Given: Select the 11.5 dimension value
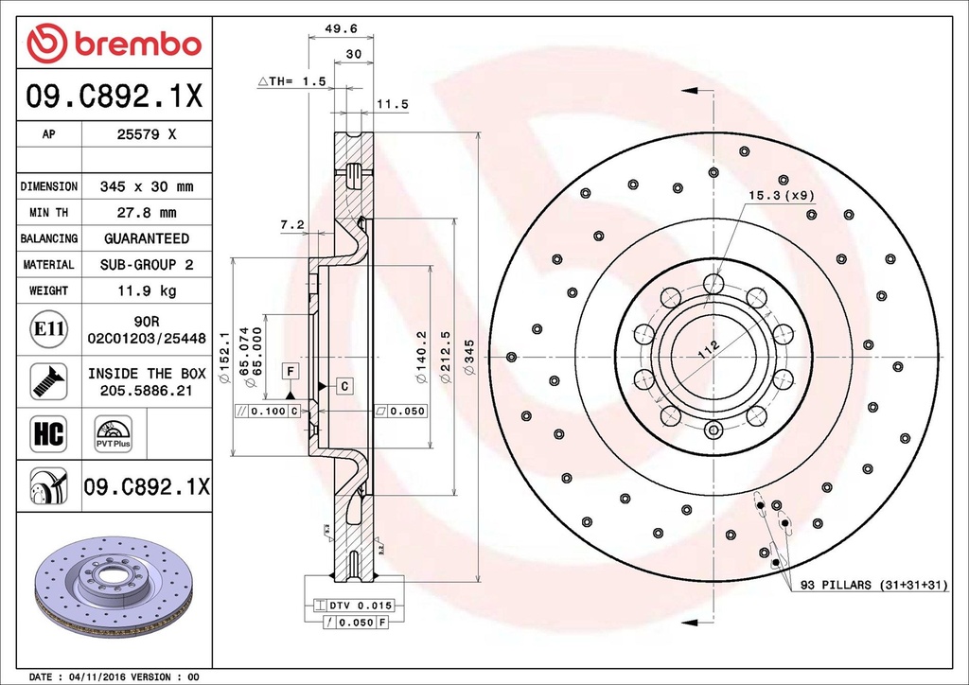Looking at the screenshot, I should point(392,104).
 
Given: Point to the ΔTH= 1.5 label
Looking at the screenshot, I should point(291,82).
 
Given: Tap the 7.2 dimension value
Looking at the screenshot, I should point(291,225).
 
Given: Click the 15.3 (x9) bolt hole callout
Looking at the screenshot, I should point(781,195).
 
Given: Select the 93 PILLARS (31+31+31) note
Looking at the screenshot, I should point(873,586).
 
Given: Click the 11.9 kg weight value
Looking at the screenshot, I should point(146,290).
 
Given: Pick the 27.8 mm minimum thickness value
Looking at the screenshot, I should point(146,213).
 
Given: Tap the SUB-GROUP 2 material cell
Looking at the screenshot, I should point(146,265).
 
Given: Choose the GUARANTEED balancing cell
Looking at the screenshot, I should point(146,238).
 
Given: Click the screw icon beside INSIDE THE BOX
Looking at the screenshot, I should point(48,380).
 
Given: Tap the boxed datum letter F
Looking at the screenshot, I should point(291,370).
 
